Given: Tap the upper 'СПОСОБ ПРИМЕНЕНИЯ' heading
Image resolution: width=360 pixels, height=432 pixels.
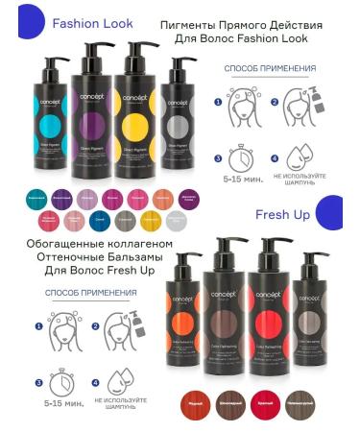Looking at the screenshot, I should point(270,69).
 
